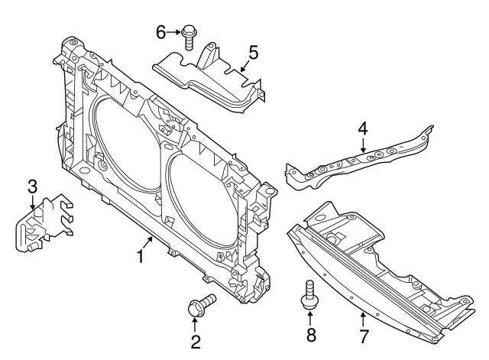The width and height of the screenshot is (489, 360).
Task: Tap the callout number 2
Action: point(196,342)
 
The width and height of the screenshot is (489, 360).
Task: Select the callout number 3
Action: point(32,186)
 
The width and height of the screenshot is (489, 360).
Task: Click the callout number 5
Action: point(253,53)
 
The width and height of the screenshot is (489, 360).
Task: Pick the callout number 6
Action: point(160,32)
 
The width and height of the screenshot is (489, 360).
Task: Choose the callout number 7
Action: point(364,336)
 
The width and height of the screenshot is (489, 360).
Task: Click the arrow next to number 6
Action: point(174,32)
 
